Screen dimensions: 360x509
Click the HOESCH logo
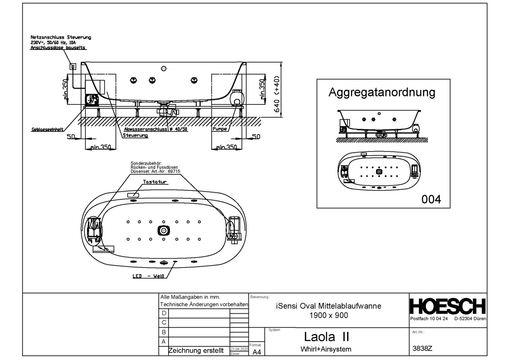point(447,306)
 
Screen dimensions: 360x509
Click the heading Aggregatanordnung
point(382,92)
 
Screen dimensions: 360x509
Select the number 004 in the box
point(431,199)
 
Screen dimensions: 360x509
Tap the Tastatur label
point(155,182)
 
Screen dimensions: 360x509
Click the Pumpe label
point(220,129)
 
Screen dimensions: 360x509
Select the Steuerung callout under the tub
point(135,135)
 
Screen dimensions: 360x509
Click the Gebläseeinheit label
point(47,129)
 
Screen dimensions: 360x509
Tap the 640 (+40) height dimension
point(276,94)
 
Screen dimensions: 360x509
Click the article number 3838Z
point(422,349)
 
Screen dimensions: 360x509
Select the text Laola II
point(326,337)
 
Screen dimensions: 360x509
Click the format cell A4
point(257,352)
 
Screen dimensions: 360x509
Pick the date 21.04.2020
point(239,349)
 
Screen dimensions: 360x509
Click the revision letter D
point(164,313)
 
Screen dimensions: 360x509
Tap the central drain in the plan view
point(164,230)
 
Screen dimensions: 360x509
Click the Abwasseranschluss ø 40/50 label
point(156,129)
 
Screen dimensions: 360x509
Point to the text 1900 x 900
point(328,315)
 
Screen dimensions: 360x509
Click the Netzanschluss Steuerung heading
point(61,37)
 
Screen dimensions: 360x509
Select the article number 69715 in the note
point(174,171)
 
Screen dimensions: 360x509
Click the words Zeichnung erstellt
point(196,351)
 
